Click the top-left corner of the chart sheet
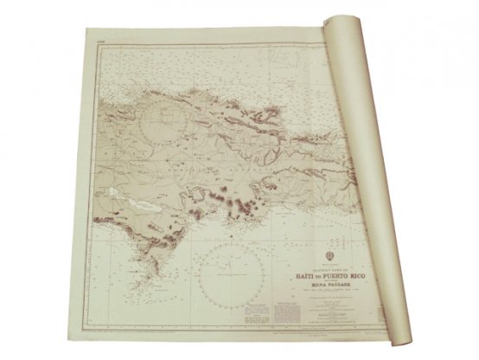[89, 32]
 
